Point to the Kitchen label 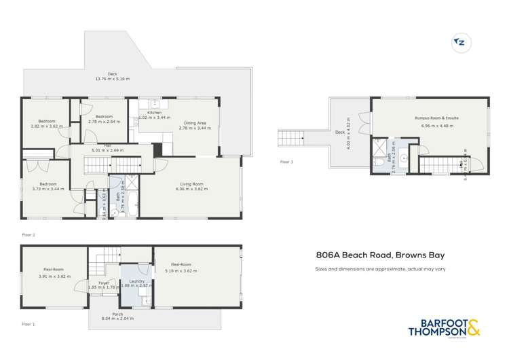154,112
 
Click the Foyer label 104,283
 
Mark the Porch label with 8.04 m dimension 118,314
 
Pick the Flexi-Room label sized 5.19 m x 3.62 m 181,264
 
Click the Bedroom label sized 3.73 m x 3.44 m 47,184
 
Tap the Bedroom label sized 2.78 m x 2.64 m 104,117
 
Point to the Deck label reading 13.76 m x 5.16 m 112,75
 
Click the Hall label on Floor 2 107,145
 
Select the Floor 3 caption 287,162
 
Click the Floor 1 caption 29,325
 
